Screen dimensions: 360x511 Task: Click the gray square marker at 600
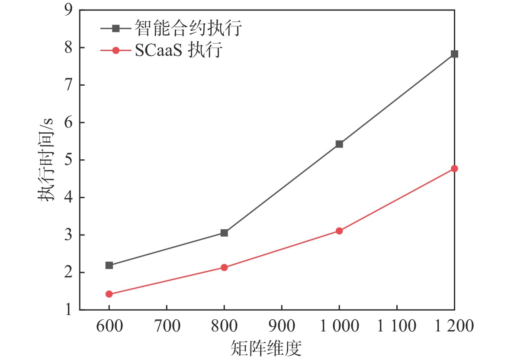click(x=109, y=265)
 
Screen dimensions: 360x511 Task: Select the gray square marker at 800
click(x=224, y=233)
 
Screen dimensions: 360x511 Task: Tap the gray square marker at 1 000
click(x=339, y=144)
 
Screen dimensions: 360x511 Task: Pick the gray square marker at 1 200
click(x=454, y=54)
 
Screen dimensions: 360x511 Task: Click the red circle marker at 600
click(x=109, y=294)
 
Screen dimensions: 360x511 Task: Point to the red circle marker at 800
click(x=224, y=267)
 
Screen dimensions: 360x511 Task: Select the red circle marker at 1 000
click(x=339, y=231)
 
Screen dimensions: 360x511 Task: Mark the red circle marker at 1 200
click(x=454, y=168)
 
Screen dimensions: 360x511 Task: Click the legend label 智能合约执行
click(x=187, y=29)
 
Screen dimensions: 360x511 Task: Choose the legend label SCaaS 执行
click(x=178, y=51)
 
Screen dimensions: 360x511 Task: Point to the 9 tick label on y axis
click(x=67, y=10)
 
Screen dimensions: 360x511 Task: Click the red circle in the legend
click(x=116, y=51)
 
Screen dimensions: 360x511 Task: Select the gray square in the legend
click(x=116, y=29)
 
